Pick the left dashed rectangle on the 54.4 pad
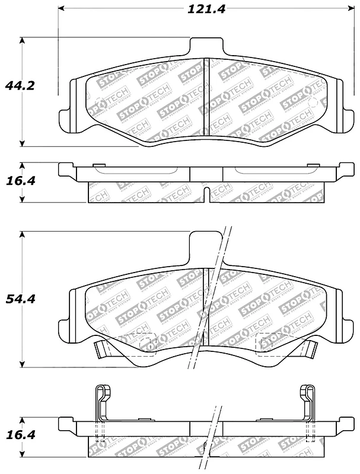coord(138,344)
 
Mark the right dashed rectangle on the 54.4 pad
coord(270,344)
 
